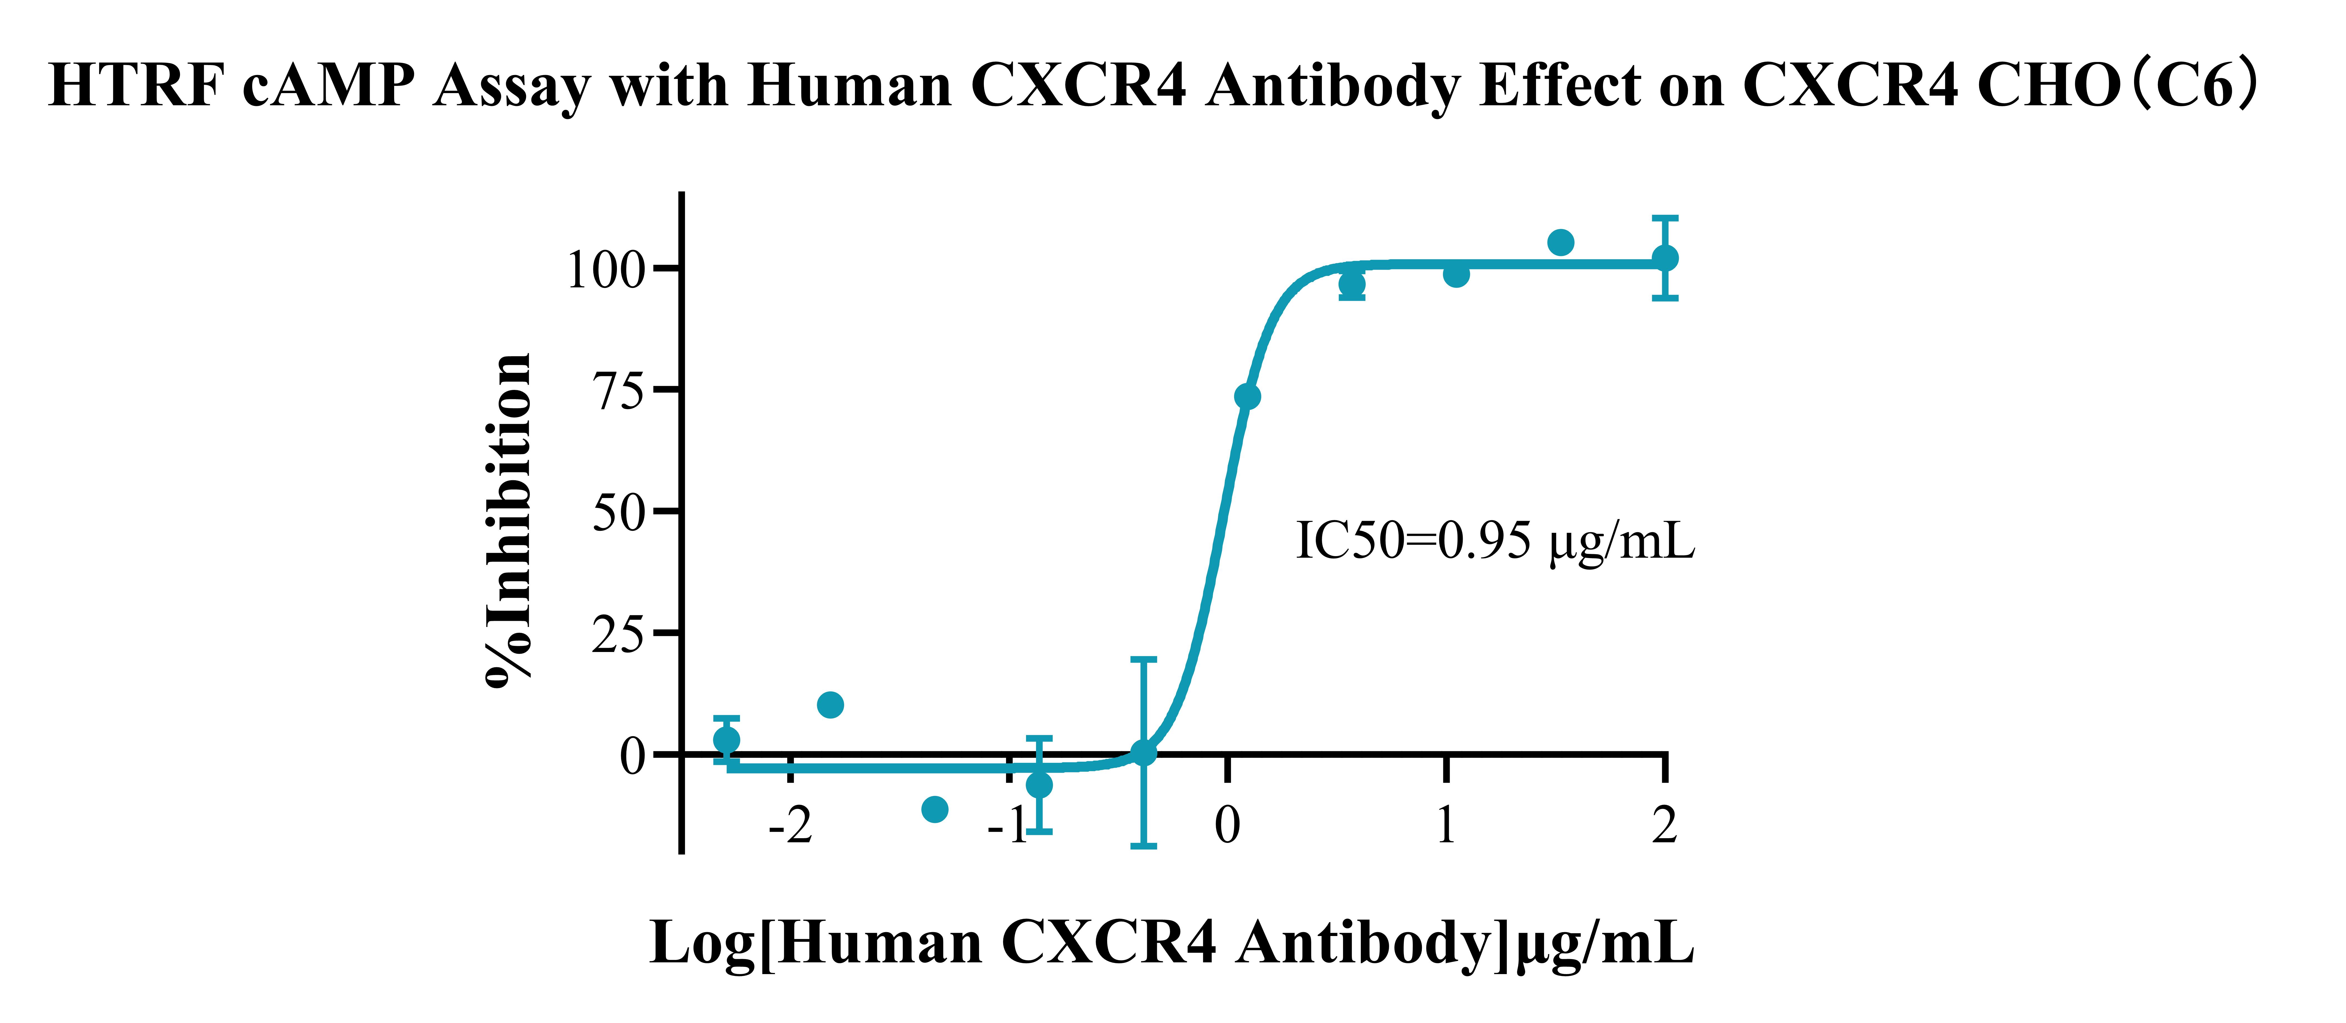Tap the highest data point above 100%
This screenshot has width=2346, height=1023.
[x=1560, y=242]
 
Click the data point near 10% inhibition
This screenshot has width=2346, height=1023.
[x=830, y=704]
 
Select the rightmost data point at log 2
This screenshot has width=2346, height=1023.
[x=1665, y=258]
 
